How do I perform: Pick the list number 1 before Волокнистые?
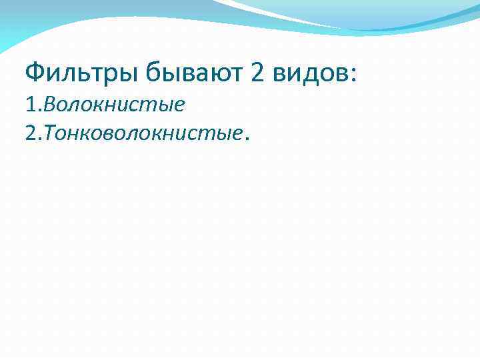click(29, 105)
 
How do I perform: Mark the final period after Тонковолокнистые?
click(248, 140)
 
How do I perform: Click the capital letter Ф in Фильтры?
click(33, 71)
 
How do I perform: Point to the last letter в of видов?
click(340, 73)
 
